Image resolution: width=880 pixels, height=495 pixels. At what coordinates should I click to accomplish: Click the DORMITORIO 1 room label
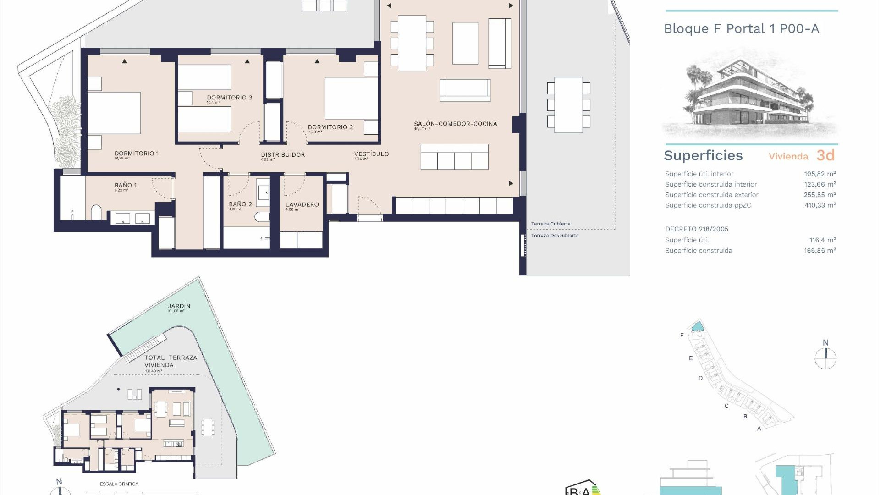137,154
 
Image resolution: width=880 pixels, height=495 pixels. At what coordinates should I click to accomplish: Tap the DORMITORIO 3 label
229,98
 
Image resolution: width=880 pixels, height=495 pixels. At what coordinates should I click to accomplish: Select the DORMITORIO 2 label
330,127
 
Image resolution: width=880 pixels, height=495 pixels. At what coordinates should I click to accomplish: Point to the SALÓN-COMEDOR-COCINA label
455,124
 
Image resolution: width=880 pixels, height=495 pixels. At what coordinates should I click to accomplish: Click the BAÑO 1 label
126,185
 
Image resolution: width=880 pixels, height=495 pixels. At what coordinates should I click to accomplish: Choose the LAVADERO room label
302,205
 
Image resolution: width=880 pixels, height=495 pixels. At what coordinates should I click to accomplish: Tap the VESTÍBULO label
371,154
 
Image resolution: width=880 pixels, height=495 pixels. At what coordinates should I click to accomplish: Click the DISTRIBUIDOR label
283,155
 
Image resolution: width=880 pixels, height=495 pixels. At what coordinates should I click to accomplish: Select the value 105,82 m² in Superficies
819,174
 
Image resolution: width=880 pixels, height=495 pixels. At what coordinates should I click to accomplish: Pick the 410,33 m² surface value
819,205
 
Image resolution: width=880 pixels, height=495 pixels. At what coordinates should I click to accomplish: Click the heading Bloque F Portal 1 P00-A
741,29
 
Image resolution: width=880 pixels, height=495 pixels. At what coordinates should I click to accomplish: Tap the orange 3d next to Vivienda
825,155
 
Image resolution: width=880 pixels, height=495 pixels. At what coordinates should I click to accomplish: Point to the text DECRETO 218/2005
697,229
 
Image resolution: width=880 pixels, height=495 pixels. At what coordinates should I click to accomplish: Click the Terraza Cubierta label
550,224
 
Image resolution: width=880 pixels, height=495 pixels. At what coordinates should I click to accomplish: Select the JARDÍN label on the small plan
179,306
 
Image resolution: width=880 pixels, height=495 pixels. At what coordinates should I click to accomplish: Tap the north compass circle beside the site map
825,358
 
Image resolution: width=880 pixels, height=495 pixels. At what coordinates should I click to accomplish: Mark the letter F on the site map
682,335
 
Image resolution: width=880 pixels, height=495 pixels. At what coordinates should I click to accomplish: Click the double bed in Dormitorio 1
114,113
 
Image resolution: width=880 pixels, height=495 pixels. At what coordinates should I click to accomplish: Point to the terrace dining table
568,105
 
